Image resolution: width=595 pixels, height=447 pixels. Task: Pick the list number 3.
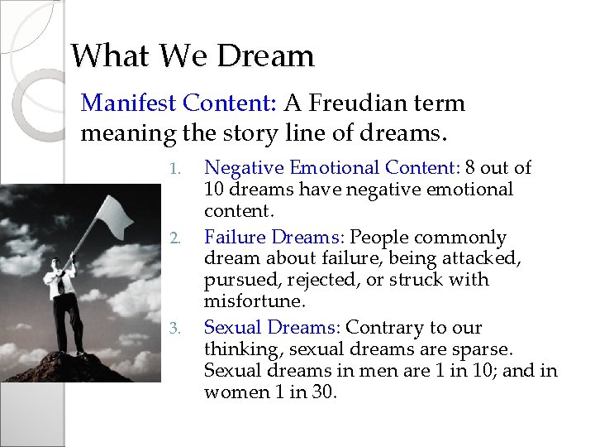[x=173, y=329]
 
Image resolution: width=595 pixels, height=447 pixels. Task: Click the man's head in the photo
[x=56, y=266]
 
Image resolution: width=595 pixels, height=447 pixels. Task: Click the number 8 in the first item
[x=470, y=168]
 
